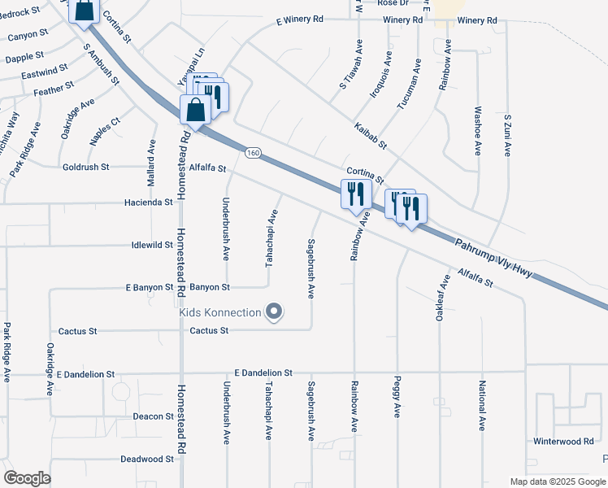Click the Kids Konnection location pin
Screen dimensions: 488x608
pos(274,312)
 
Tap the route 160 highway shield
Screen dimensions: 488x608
pos(253,153)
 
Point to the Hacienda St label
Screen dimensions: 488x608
pos(149,203)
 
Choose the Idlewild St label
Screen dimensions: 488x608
pos(152,245)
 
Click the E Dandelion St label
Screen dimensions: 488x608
pos(263,373)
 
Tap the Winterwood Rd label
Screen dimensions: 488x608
pos(563,441)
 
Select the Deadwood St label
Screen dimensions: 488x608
pos(147,459)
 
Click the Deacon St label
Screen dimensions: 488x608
pos(153,416)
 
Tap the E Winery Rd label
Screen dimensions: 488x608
pos(300,20)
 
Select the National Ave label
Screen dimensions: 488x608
pos(482,405)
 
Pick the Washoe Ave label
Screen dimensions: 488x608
pos(477,129)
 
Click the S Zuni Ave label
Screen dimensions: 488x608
pos(506,135)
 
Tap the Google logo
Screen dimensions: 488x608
pos(27,478)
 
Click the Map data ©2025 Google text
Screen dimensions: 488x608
pos(556,481)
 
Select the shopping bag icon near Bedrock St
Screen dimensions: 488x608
pos(84,11)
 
